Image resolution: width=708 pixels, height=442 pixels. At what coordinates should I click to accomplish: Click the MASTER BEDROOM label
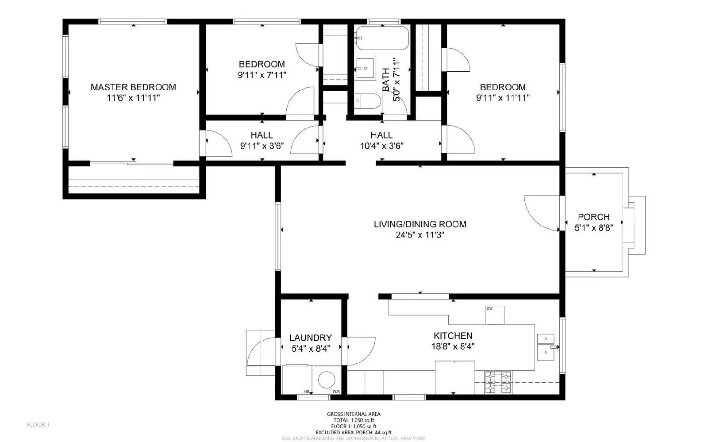[133, 87]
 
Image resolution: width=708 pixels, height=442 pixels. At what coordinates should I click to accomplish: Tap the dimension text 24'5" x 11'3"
[419, 235]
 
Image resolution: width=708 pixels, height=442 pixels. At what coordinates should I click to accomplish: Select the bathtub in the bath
[382, 38]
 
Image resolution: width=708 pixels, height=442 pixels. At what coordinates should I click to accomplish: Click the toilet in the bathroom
[367, 102]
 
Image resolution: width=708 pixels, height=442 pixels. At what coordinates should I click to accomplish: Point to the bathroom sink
[365, 68]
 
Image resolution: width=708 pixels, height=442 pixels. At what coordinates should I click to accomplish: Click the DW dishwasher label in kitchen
[489, 308]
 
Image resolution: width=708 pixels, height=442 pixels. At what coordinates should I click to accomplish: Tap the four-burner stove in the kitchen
[498, 382]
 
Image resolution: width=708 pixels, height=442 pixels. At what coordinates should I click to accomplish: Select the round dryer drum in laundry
[327, 380]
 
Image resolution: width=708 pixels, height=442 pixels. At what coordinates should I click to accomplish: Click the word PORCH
[593, 217]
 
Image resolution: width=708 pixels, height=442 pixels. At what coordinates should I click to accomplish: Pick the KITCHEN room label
[453, 336]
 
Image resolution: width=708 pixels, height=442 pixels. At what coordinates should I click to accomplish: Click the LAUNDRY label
[310, 338]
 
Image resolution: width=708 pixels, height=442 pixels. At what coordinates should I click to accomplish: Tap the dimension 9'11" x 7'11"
[262, 75]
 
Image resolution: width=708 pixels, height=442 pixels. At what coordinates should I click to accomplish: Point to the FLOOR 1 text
[38, 425]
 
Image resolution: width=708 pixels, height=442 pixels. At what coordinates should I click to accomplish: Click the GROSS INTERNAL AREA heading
[354, 414]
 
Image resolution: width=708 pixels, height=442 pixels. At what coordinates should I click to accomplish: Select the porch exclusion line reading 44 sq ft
[354, 432]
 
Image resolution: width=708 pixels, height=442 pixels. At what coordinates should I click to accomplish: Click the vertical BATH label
[386, 80]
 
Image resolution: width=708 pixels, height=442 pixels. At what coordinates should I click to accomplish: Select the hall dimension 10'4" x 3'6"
[381, 146]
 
